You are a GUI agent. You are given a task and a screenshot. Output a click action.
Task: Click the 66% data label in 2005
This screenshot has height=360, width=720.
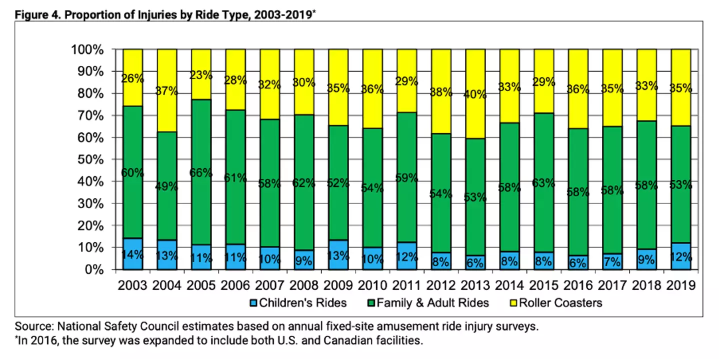click(x=201, y=173)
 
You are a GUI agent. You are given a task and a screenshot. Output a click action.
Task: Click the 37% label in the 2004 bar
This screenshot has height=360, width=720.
click(x=167, y=91)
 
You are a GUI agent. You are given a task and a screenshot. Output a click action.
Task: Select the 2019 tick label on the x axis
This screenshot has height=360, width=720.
click(x=680, y=285)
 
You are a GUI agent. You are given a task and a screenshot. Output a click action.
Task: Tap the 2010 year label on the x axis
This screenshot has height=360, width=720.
click(x=372, y=285)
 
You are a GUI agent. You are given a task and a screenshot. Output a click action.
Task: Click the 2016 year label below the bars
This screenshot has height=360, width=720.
click(x=578, y=285)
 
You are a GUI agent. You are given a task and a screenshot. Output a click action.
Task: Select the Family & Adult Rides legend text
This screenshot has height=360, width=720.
click(x=433, y=302)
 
